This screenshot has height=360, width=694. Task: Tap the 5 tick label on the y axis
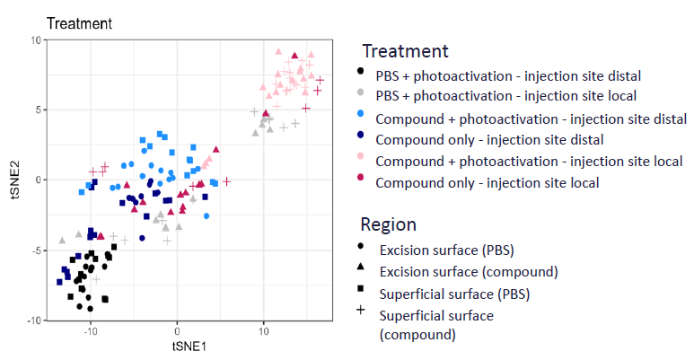point(32,110)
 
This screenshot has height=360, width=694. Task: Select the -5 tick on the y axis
point(31,250)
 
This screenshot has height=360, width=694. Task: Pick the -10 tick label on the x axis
point(89,331)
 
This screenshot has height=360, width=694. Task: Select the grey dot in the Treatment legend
point(361,94)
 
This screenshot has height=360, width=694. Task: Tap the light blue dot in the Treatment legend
point(361,118)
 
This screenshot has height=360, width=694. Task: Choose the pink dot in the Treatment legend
point(361,161)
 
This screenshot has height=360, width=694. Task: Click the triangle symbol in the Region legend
point(361,268)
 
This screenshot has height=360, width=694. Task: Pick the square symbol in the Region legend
point(361,289)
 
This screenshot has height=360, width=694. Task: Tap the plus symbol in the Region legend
point(361,311)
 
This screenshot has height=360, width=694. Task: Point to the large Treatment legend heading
point(405,51)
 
